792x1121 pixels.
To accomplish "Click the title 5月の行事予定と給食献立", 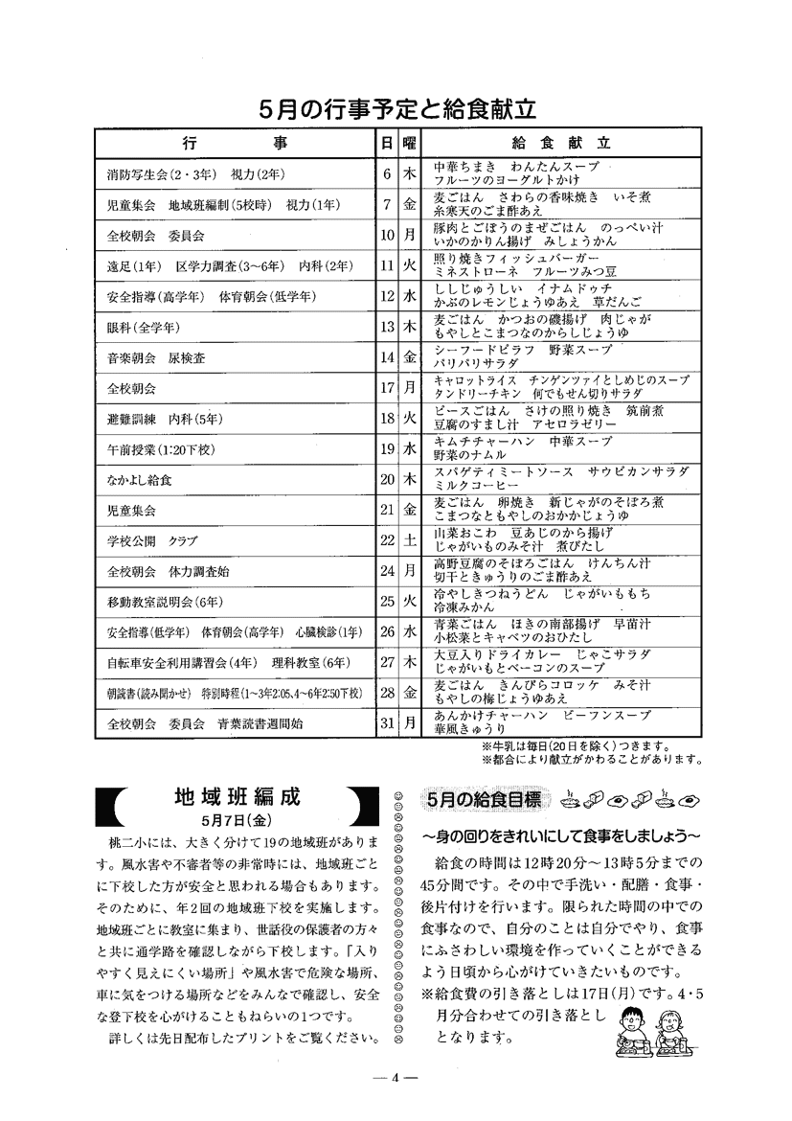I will click(396, 109).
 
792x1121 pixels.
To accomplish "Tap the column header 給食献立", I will click(560, 144).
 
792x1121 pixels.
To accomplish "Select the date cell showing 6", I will click(387, 174).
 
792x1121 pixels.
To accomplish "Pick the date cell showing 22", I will click(387, 540).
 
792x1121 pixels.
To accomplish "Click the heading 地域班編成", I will click(238, 798).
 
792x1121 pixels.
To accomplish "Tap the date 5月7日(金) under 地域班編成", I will click(238, 820).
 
